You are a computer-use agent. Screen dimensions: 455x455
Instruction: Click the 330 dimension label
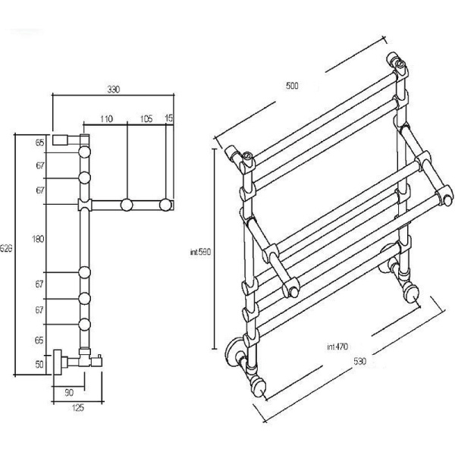point(114,89)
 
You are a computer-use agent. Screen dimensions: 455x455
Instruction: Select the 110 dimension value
point(106,119)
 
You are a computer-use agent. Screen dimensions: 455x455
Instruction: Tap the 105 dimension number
point(146,119)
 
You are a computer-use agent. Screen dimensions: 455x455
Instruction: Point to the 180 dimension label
point(39,239)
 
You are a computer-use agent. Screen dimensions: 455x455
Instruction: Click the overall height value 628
point(6,249)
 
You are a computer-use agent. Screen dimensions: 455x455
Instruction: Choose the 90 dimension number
point(69,393)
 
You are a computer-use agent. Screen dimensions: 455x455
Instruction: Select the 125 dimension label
point(78,408)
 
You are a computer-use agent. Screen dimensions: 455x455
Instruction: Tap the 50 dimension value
point(39,364)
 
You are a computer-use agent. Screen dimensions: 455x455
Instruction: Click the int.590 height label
point(200,253)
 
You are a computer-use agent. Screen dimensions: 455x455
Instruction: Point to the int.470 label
point(337,347)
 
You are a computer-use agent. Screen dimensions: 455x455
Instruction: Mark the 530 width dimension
point(359,361)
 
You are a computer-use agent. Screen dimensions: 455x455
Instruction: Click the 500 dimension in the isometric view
point(292,86)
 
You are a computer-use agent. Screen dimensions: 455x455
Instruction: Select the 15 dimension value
point(168,118)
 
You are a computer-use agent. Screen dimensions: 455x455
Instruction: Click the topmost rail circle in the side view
point(85,152)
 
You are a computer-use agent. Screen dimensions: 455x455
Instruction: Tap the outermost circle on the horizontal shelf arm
point(165,205)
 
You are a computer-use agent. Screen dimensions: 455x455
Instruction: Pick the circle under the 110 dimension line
point(127,205)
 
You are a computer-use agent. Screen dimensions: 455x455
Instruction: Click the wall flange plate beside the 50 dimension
point(57,362)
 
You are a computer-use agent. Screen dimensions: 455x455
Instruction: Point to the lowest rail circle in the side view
point(85,325)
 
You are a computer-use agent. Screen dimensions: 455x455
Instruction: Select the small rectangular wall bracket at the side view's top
point(60,140)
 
